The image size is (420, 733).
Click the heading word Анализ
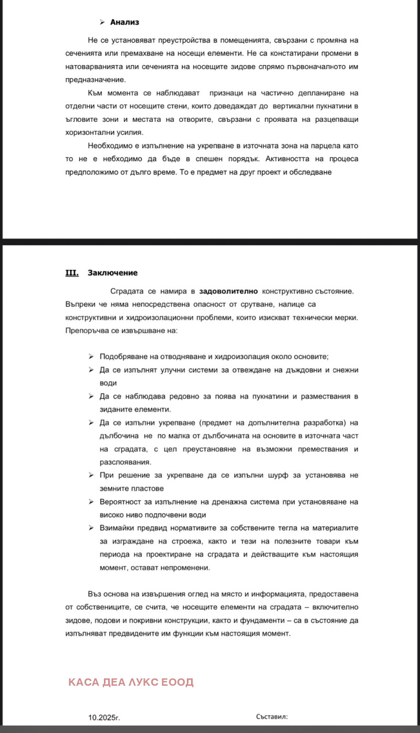pyautogui.click(x=124, y=22)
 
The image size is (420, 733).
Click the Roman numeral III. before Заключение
pyautogui.click(x=71, y=273)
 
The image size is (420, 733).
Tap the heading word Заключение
pyautogui.click(x=113, y=273)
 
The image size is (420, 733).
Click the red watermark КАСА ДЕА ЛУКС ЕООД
pyautogui.click(x=131, y=682)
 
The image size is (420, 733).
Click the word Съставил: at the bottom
pyautogui.click(x=272, y=716)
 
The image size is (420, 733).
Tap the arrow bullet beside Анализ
pyautogui.click(x=102, y=22)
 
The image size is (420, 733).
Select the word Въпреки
pyautogui.click(x=81, y=305)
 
